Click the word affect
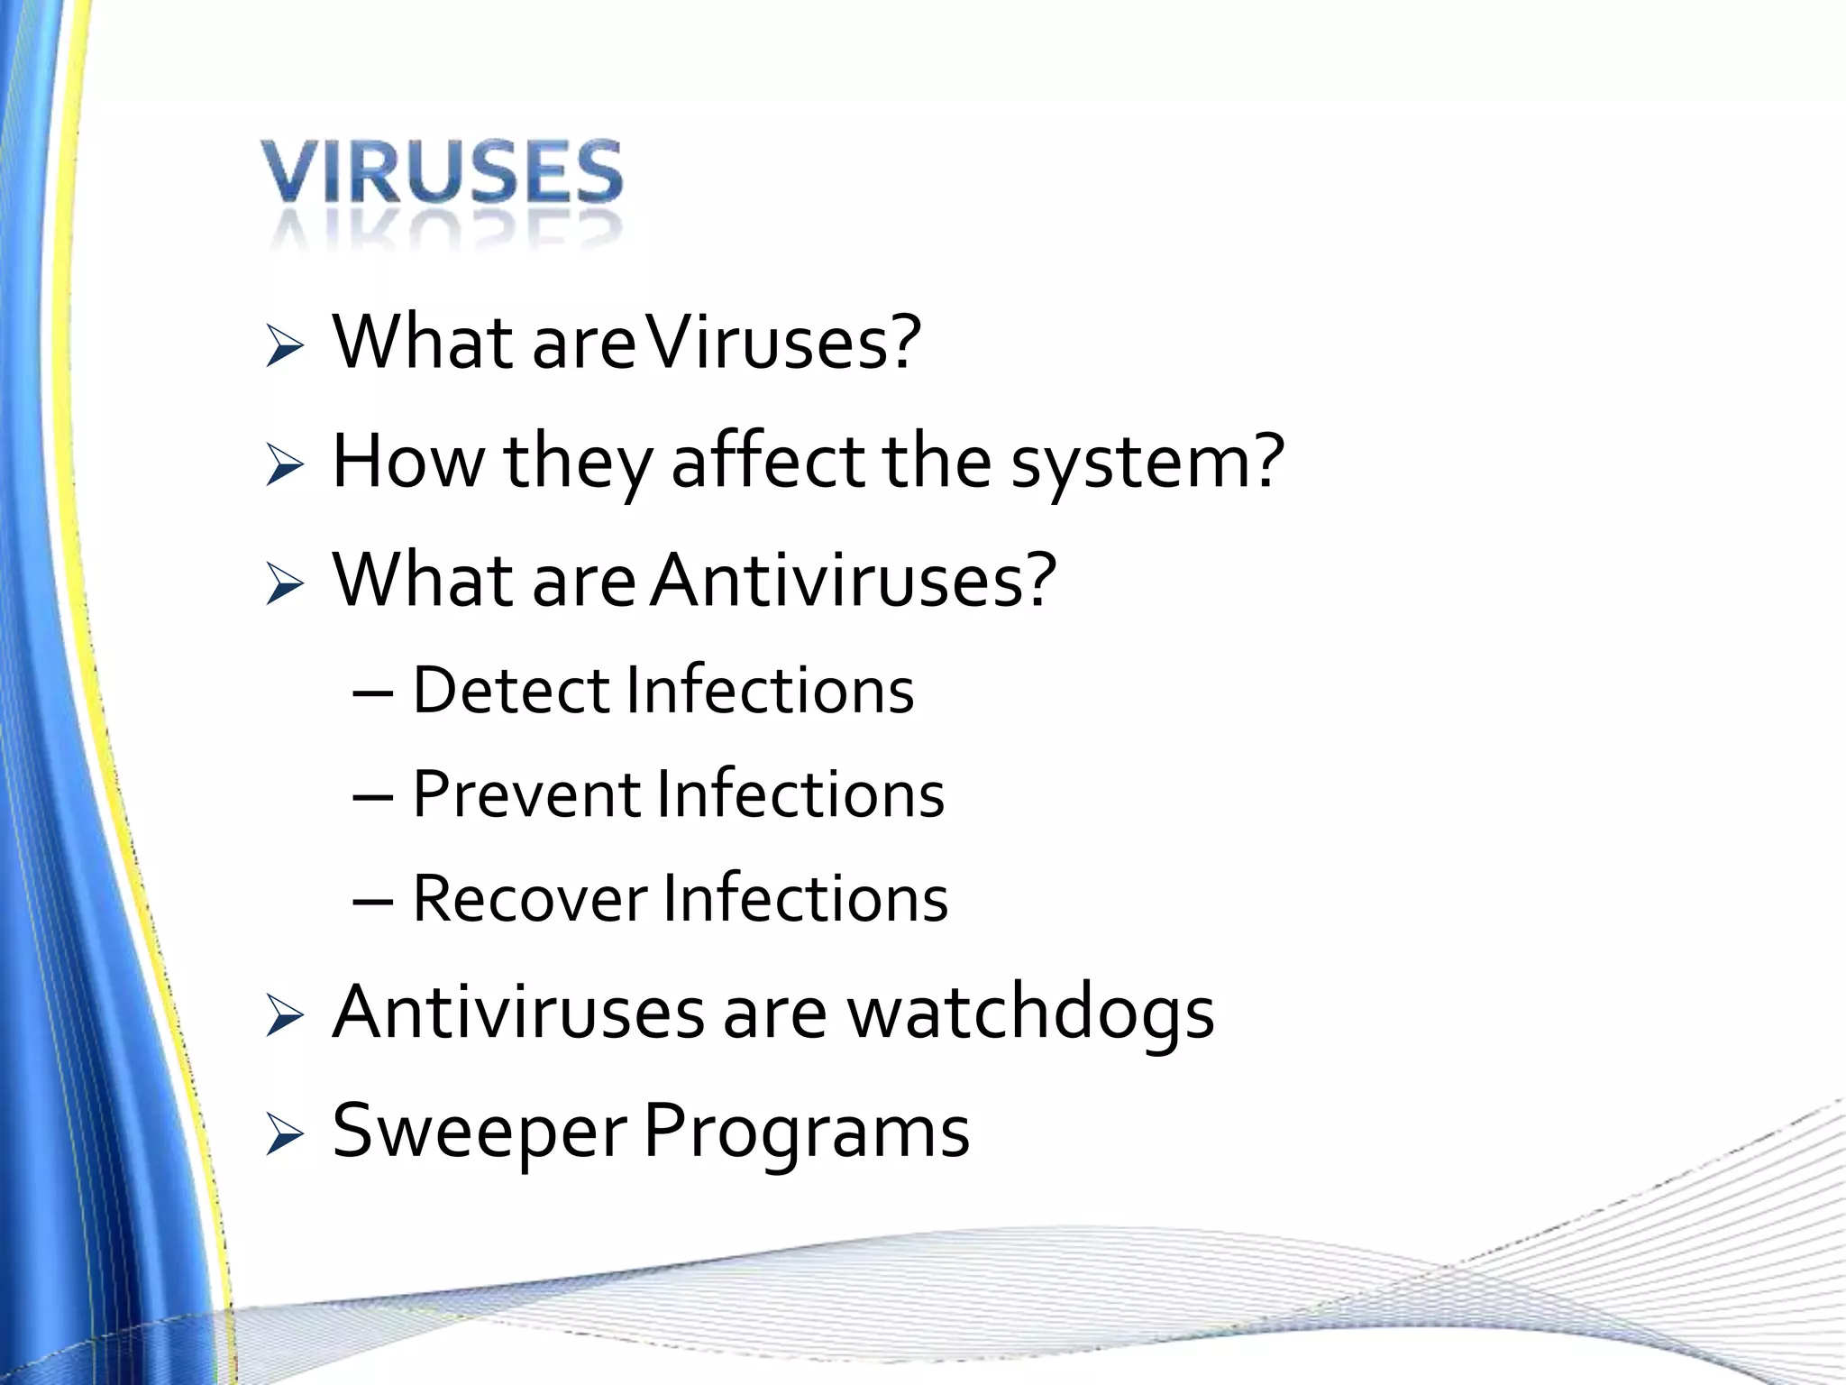click(769, 462)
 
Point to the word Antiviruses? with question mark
click(853, 580)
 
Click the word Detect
click(510, 691)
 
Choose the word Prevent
click(526, 794)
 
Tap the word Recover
click(530, 899)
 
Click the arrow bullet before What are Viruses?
click(285, 348)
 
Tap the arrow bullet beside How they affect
click(285, 466)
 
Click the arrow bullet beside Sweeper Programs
click(285, 1136)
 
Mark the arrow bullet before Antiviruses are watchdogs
click(285, 1018)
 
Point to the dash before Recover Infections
click(373, 902)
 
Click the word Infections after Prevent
click(800, 794)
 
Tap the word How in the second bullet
click(407, 462)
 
